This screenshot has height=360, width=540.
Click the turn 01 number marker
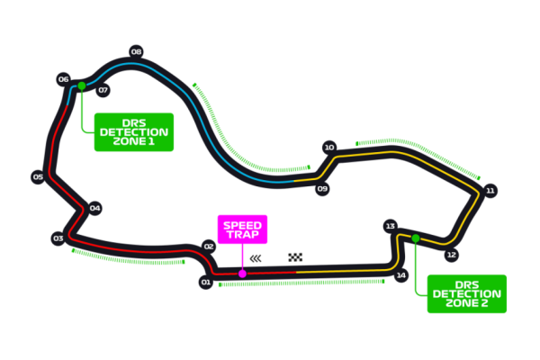click(x=205, y=283)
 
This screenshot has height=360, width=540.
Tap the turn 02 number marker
click(x=209, y=246)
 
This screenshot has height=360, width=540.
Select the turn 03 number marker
click(x=58, y=238)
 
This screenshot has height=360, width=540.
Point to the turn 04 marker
click(x=94, y=208)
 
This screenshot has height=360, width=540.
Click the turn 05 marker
click(x=37, y=177)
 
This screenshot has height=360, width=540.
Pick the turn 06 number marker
click(x=63, y=79)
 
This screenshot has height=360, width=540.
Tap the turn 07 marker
click(x=103, y=90)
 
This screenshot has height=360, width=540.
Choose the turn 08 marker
click(x=136, y=51)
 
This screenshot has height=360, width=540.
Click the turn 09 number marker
click(x=322, y=189)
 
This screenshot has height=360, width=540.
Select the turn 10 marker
click(x=329, y=148)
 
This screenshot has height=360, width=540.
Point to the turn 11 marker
click(x=490, y=191)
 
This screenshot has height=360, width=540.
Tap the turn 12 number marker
click(x=451, y=255)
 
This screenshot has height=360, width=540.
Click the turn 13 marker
click(x=390, y=226)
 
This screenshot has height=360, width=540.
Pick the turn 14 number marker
click(x=401, y=275)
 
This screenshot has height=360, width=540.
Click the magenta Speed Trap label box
click(x=242, y=229)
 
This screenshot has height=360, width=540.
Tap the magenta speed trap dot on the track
click(x=242, y=274)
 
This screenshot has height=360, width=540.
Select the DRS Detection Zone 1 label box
click(x=134, y=132)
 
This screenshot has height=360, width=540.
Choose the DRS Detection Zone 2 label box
click(x=466, y=293)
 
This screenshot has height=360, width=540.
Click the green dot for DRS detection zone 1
click(x=82, y=86)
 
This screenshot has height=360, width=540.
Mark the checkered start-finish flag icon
click(x=295, y=257)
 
